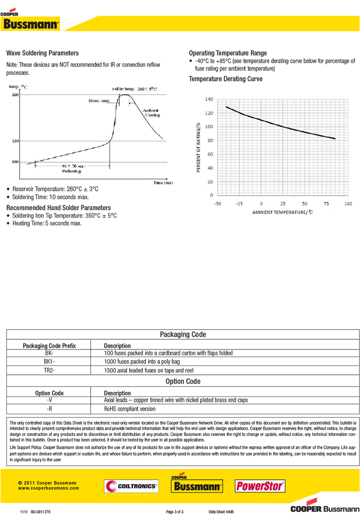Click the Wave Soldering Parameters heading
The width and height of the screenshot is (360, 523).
point(42,53)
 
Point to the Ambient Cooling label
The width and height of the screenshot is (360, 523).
point(151,113)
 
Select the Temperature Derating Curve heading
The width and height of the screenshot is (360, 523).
point(225,79)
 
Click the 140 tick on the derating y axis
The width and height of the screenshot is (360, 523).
point(209,99)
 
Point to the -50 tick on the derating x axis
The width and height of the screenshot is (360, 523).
point(218,204)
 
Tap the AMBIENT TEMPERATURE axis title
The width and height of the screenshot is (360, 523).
point(282,212)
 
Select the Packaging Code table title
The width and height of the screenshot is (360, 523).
point(183,334)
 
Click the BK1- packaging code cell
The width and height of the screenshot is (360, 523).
point(49,362)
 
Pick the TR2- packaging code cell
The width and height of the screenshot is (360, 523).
point(49,370)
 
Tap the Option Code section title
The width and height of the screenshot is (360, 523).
point(183,381)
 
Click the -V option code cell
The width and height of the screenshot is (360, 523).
point(49,400)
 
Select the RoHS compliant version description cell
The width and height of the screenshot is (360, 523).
point(130,409)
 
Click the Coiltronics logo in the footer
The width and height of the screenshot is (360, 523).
point(131,486)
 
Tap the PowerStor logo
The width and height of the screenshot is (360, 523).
point(260,486)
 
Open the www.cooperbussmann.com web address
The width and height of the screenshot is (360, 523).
point(48,488)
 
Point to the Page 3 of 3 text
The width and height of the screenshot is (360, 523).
point(175,512)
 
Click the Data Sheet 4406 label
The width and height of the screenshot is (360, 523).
point(222,512)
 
